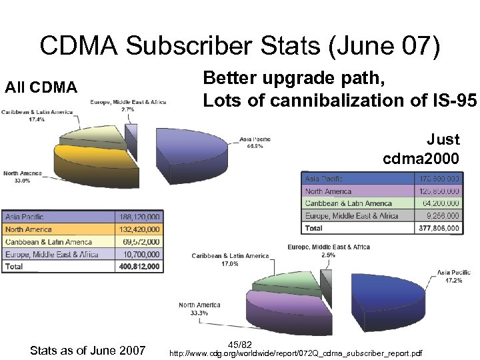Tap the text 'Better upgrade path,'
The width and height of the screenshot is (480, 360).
(294, 79)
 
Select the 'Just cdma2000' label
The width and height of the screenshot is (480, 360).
(421, 149)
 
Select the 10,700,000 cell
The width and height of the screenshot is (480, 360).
(139, 254)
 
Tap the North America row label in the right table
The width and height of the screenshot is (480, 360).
(328, 191)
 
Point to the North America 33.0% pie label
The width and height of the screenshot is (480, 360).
(22, 177)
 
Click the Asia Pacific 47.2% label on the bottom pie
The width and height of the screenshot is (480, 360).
(453, 276)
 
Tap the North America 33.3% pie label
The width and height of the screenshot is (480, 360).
(199, 309)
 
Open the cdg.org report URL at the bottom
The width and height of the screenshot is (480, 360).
(296, 351)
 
